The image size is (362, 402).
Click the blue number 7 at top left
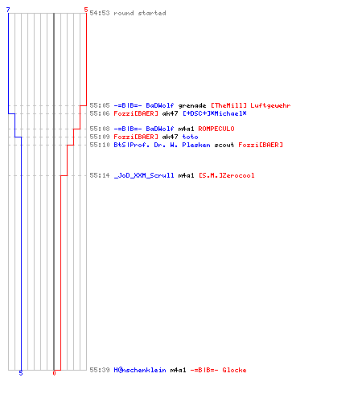pos(8,10)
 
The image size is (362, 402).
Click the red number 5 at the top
pos(86,10)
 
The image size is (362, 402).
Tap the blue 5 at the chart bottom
pos(21,373)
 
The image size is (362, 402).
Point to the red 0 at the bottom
pos(54,373)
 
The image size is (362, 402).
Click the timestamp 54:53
pos(100,13)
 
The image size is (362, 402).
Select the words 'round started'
pos(140,13)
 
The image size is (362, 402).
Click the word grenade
pos(192,106)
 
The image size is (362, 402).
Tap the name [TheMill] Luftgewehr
pos(251,106)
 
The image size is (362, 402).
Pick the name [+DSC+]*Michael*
pos(215,113)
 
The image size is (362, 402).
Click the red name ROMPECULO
pos(216,129)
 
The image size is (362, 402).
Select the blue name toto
pos(190,137)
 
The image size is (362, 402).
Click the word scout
pos(224,145)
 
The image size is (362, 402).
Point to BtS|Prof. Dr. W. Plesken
pos(162,145)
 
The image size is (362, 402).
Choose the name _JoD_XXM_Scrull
pos(144,175)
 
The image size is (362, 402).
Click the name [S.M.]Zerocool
pos(227,175)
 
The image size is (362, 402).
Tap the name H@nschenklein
pos(140,370)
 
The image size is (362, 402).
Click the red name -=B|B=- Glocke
pos(218,370)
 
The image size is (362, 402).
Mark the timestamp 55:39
pos(100,370)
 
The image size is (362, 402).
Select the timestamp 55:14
pos(100,175)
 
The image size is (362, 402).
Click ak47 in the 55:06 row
pos(170,113)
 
